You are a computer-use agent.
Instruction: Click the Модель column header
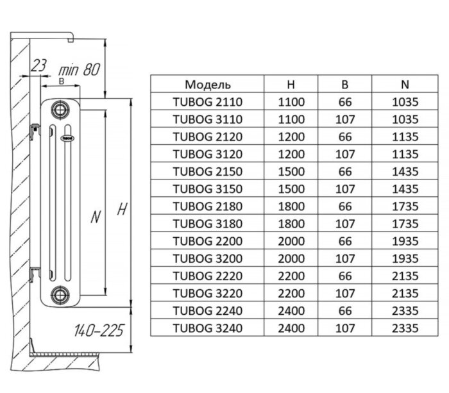pyautogui.click(x=207, y=84)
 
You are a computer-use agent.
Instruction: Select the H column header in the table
pyautogui.click(x=291, y=84)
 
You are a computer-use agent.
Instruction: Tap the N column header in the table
pyautogui.click(x=404, y=84)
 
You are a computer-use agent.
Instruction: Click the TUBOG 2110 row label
pyautogui.click(x=207, y=101)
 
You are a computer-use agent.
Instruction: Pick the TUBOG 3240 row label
pyautogui.click(x=207, y=328)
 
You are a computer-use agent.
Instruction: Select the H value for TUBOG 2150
pyautogui.click(x=291, y=171)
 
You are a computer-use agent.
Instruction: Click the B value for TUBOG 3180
pyautogui.click(x=344, y=223)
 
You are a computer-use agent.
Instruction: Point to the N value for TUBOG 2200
pyautogui.click(x=404, y=240)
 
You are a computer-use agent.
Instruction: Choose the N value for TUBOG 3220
pyautogui.click(x=404, y=293)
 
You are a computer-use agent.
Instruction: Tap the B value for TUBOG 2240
pyautogui.click(x=344, y=310)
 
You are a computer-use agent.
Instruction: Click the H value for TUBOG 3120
pyautogui.click(x=291, y=154)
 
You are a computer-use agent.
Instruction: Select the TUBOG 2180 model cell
pyautogui.click(x=207, y=206)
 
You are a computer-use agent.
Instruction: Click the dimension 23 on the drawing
pyautogui.click(x=39, y=65)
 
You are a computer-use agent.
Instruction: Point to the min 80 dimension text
pyautogui.click(x=78, y=69)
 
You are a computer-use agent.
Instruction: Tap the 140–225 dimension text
pyautogui.click(x=97, y=331)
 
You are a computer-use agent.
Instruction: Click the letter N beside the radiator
pyautogui.click(x=95, y=217)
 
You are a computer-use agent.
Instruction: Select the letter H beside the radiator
pyautogui.click(x=120, y=209)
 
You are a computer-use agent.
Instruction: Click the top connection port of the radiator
pyautogui.click(x=60, y=108)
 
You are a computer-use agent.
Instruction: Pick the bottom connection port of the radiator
pyautogui.click(x=60, y=295)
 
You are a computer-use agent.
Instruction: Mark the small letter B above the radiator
pyautogui.click(x=60, y=81)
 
